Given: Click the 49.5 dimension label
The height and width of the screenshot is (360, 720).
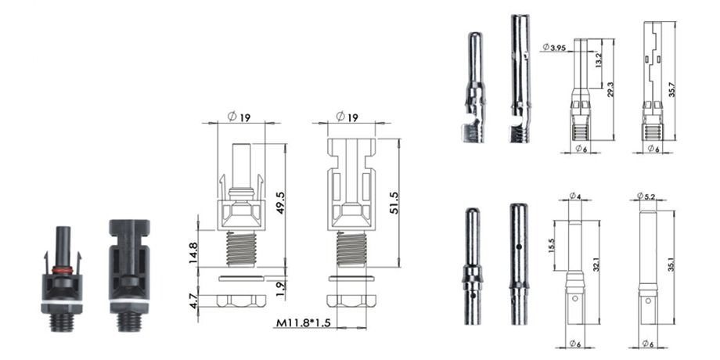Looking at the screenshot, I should [x=279, y=201].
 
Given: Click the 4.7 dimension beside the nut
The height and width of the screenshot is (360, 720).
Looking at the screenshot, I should [x=193, y=300].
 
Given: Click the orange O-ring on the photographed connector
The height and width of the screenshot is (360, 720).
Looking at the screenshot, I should [x=63, y=271].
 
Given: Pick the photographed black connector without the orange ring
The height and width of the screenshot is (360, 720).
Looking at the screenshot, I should [x=128, y=274].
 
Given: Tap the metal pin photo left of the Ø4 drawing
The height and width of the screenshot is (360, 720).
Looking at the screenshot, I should [x=473, y=266].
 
